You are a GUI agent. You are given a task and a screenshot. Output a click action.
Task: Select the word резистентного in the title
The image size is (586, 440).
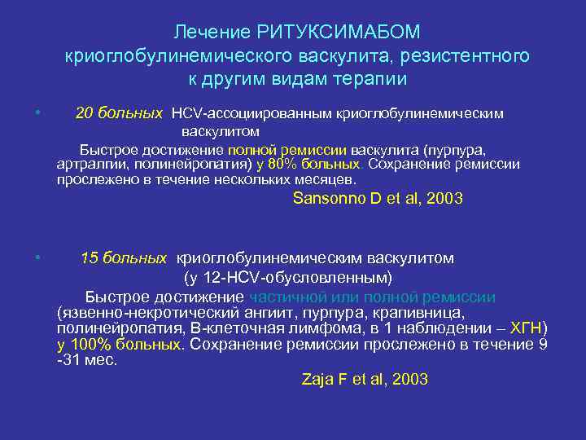coord(464,56)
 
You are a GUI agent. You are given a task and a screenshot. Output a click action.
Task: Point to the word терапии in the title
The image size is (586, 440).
coord(368,80)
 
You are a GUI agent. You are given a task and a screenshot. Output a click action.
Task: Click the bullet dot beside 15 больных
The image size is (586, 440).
coord(37,258)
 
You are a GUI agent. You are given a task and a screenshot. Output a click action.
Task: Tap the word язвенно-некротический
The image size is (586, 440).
coord(136,313)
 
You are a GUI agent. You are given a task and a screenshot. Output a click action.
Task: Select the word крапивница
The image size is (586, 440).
coord(424,313)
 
